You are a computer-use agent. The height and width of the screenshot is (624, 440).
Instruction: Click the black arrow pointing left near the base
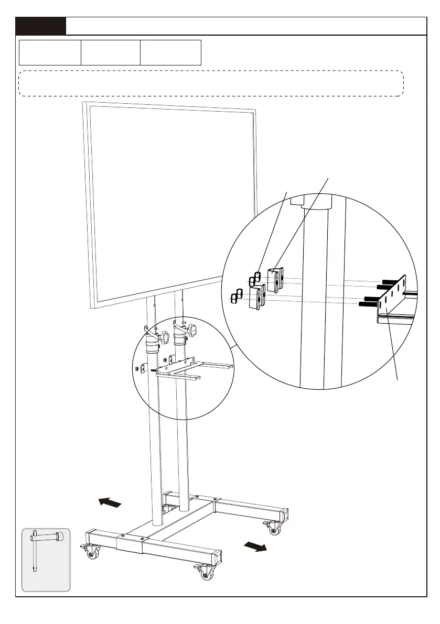[x=110, y=503]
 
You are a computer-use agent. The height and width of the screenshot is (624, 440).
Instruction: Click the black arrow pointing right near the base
[x=255, y=547]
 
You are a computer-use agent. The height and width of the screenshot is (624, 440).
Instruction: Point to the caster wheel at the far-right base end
[x=272, y=529]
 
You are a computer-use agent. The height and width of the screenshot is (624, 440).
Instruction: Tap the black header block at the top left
[x=41, y=26]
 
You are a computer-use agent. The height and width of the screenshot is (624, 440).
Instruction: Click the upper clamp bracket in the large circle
[x=276, y=279]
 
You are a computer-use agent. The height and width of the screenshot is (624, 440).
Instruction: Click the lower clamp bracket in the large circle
[x=257, y=297]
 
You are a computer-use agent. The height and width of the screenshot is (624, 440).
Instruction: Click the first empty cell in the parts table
[x=50, y=52]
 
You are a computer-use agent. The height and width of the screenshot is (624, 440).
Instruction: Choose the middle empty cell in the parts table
[x=110, y=52]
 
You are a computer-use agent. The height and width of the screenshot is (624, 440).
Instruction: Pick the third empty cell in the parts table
[x=170, y=52]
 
